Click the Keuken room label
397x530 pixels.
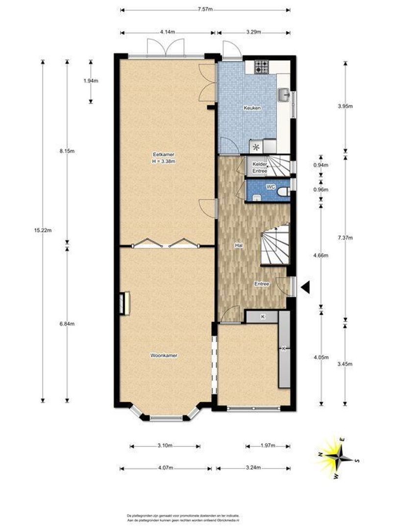[253, 108]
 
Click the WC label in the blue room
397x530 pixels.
[270, 187]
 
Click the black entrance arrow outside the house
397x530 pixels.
[305, 288]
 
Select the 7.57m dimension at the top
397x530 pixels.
[205, 10]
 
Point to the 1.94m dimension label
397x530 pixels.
[91, 81]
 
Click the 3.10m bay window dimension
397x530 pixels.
[165, 446]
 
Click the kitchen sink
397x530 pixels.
[284, 95]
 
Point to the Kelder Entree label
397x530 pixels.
[259, 167]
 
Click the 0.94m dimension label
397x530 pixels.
[321, 165]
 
